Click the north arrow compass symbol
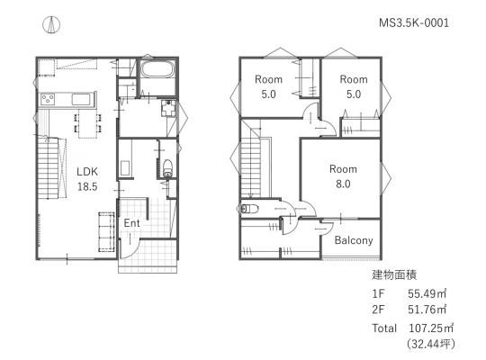51,24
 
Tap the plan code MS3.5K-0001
414,22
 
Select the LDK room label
87,172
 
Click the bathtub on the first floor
157,69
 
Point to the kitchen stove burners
48,100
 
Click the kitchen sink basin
81,100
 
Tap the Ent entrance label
131,222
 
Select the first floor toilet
167,168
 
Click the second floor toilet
250,209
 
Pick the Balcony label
354,240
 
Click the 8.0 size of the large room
343,184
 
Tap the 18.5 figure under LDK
87,186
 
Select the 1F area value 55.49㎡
427,293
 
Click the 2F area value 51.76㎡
427,310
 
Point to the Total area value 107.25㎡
431,328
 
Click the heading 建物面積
394,274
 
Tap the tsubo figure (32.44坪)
431,344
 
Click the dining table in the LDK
87,123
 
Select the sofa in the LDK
106,231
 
